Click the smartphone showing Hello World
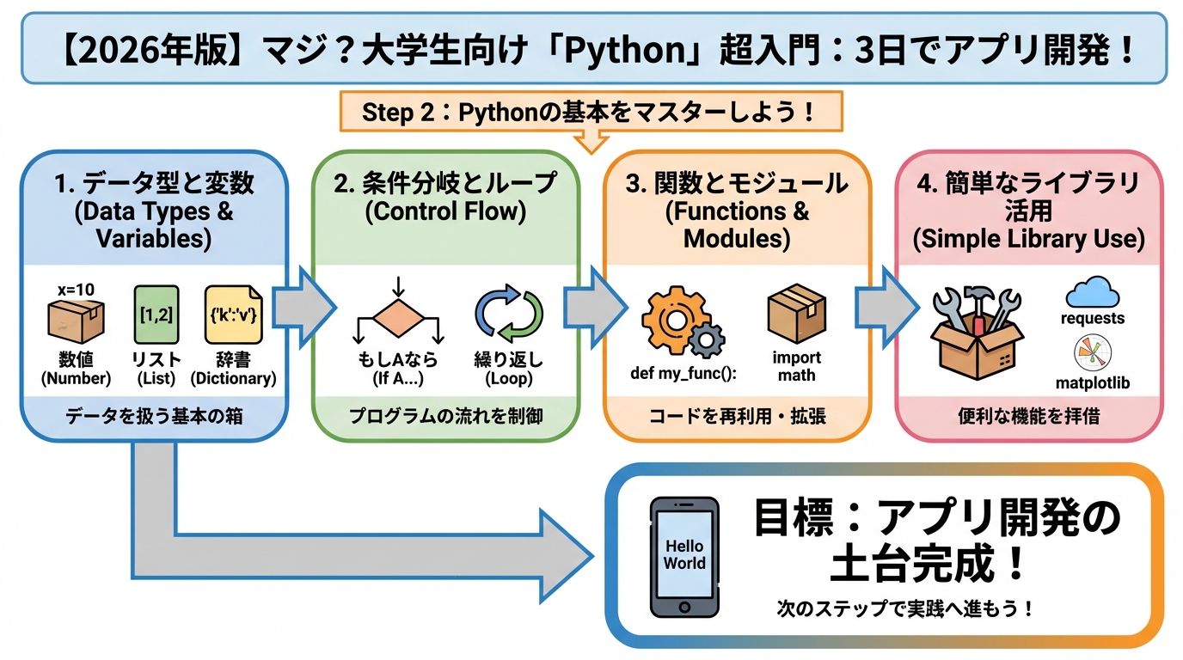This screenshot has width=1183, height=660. (x=683, y=556)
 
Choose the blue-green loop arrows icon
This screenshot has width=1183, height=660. (x=509, y=317)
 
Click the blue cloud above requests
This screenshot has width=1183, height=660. (x=1093, y=293)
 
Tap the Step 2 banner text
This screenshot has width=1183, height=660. (x=589, y=112)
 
